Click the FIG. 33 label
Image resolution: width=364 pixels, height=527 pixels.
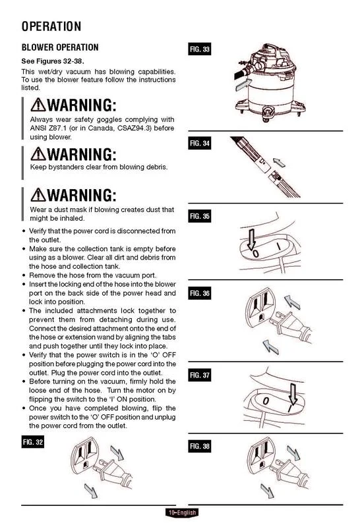point(200,49)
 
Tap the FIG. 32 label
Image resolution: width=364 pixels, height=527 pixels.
point(32,442)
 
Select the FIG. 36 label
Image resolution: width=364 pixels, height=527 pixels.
point(200,293)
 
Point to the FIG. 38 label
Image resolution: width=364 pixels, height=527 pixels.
point(200,446)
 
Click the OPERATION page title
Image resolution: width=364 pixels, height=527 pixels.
point(51,26)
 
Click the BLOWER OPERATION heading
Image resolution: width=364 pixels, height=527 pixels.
point(60,47)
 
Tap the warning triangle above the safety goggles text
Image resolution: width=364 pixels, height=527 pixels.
point(38,105)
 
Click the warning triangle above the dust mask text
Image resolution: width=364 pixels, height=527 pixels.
point(38,195)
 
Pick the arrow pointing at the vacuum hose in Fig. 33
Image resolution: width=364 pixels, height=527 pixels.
point(243,85)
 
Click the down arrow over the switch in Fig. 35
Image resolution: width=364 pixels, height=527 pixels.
point(251,239)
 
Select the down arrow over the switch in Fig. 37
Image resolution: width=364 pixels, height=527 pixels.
point(293,394)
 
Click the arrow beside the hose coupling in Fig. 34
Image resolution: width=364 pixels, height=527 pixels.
point(279,162)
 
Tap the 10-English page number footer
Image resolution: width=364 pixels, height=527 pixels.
point(182,513)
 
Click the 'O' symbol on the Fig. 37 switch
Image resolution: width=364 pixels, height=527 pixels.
point(266,401)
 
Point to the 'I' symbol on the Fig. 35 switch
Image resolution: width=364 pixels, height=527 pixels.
point(279,246)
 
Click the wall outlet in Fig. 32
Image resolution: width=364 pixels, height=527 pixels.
point(86,455)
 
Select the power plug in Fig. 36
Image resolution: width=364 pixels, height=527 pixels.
point(292,327)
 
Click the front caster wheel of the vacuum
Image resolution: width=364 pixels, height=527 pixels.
point(268,113)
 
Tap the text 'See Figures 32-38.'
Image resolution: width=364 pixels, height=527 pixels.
point(53,61)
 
